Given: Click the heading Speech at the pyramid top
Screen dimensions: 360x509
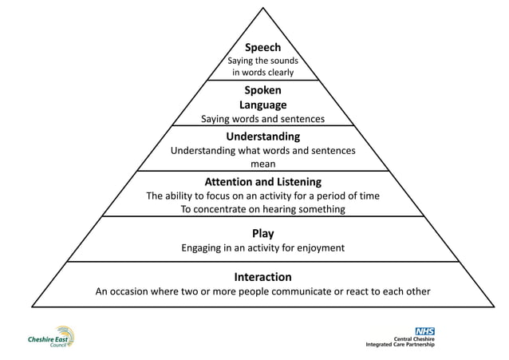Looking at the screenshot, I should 262,48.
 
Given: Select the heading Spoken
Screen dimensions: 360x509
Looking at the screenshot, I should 262,90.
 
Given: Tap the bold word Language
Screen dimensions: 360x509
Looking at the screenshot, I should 262,105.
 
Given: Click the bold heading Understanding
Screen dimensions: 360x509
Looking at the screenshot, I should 262,136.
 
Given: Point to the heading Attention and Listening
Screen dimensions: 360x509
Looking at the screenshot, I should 262,182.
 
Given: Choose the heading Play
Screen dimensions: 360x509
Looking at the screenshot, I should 262,233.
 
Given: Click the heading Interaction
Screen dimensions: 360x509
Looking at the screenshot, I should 262,277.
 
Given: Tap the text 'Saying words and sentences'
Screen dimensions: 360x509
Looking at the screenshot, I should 262,119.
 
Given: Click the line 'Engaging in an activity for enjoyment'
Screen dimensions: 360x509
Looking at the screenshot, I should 262,247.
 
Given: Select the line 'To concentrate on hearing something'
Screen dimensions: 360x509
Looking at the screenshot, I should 262,209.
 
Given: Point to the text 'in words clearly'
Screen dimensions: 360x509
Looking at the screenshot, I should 262,73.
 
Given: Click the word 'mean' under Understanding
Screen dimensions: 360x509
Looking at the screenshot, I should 262,164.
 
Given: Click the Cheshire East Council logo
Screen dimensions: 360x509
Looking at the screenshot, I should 53,338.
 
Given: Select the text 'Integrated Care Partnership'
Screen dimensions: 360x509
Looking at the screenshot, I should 400,344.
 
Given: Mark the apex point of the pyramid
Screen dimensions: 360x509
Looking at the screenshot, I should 262,8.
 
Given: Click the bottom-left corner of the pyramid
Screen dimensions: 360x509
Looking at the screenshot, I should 33,307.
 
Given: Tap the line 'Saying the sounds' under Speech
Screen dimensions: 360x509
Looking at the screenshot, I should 262,61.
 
